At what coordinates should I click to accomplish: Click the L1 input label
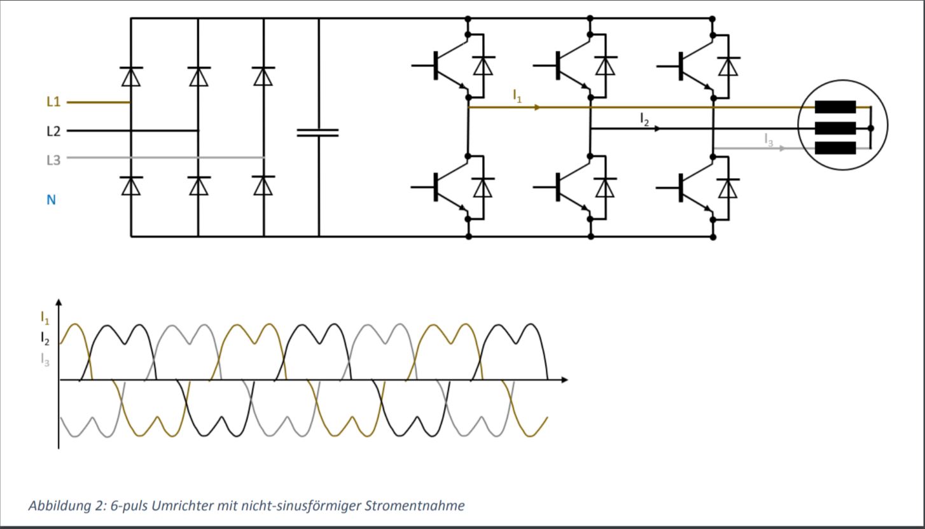coord(53,102)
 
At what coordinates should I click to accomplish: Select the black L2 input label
coord(53,131)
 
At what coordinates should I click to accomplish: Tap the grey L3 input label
coord(53,160)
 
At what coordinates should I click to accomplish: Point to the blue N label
coord(51,200)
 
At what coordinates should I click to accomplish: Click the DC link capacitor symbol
coord(318,132)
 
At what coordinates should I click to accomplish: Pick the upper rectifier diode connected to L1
coord(131,76)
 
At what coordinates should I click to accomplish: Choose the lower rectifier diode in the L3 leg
coord(263,186)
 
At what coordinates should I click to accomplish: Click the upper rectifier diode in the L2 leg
coord(198,76)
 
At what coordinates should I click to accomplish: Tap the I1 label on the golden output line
coord(517,96)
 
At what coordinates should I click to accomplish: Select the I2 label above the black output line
coord(644,118)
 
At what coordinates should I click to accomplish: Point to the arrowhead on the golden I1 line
coord(538,107)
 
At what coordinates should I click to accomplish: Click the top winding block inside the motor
coord(835,107)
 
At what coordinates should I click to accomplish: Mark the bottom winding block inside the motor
coord(835,148)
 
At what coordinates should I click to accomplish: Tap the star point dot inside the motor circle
coord(871,128)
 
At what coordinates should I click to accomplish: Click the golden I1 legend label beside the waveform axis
coord(45,317)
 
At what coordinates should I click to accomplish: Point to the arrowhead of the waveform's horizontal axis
coord(564,380)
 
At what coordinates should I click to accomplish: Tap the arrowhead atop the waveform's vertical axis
coord(59,302)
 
